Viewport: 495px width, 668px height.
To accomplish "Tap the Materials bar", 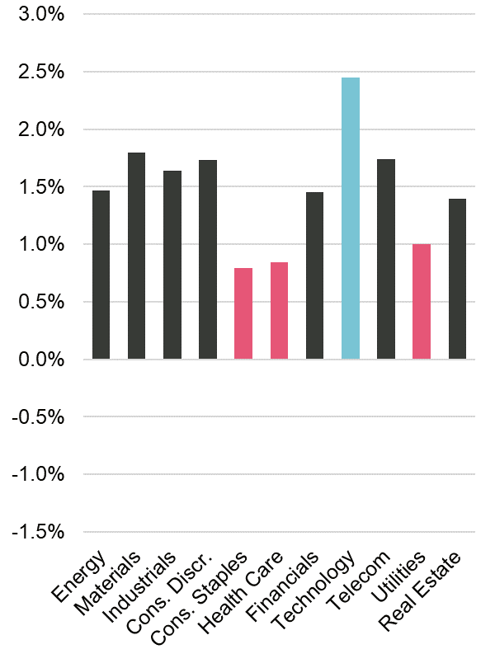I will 136,256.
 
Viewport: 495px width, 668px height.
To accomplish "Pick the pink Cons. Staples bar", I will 243,313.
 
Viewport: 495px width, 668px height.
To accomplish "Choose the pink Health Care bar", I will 279,311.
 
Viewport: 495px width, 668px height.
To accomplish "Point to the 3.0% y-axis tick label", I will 37,16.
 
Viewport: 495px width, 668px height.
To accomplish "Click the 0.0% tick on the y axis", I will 37,360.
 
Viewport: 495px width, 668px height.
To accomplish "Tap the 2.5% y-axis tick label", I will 37,73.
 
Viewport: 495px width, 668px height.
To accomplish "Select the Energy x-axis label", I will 79,576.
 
